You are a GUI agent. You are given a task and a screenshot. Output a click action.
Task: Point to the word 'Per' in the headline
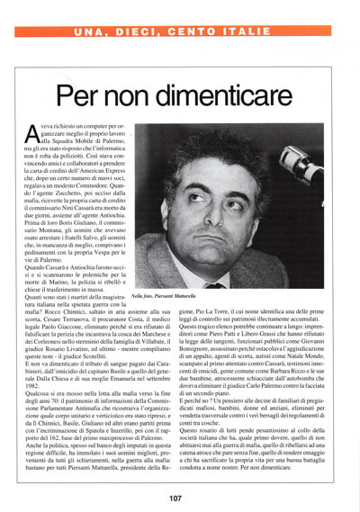click(82, 95)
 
